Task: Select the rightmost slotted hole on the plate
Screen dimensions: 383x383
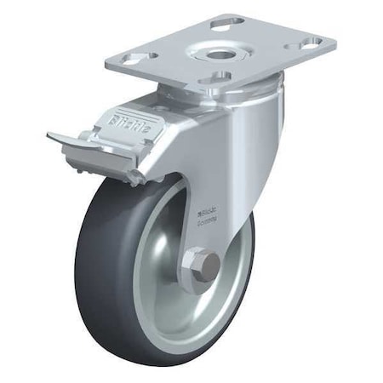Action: point(311,41)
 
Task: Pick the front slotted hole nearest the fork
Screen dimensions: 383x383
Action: point(218,77)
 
